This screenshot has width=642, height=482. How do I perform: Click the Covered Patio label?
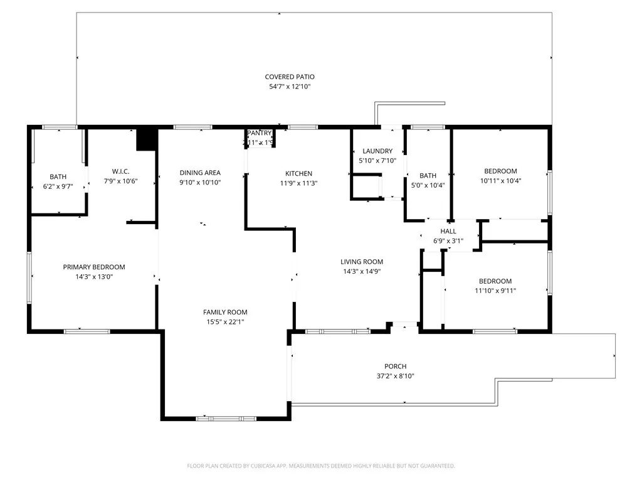click(289, 77)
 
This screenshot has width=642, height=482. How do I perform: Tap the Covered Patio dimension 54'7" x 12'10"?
click(289, 87)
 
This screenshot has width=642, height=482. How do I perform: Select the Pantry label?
click(259, 133)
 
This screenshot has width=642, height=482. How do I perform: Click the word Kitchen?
click(298, 174)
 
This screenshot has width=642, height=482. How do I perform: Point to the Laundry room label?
click(377, 151)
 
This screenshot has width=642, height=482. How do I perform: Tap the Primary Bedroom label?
click(94, 267)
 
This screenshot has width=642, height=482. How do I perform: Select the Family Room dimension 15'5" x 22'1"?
click(225, 322)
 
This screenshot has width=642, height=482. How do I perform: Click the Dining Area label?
click(200, 173)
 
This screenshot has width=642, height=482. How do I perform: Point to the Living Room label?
click(362, 262)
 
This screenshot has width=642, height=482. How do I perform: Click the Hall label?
click(448, 231)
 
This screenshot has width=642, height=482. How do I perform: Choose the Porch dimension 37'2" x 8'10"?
click(396, 376)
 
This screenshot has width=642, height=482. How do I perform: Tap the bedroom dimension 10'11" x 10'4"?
click(500, 181)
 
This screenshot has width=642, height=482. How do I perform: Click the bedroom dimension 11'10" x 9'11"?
click(495, 291)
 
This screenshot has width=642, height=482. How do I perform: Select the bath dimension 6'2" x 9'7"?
click(58, 186)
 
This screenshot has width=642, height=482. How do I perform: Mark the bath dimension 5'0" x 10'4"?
click(428, 185)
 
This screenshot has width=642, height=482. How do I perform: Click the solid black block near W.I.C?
click(146, 139)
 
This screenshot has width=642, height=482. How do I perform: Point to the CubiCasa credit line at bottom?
click(321, 466)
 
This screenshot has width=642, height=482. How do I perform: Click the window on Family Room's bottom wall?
click(226, 418)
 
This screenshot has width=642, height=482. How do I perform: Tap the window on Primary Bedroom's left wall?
click(29, 277)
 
